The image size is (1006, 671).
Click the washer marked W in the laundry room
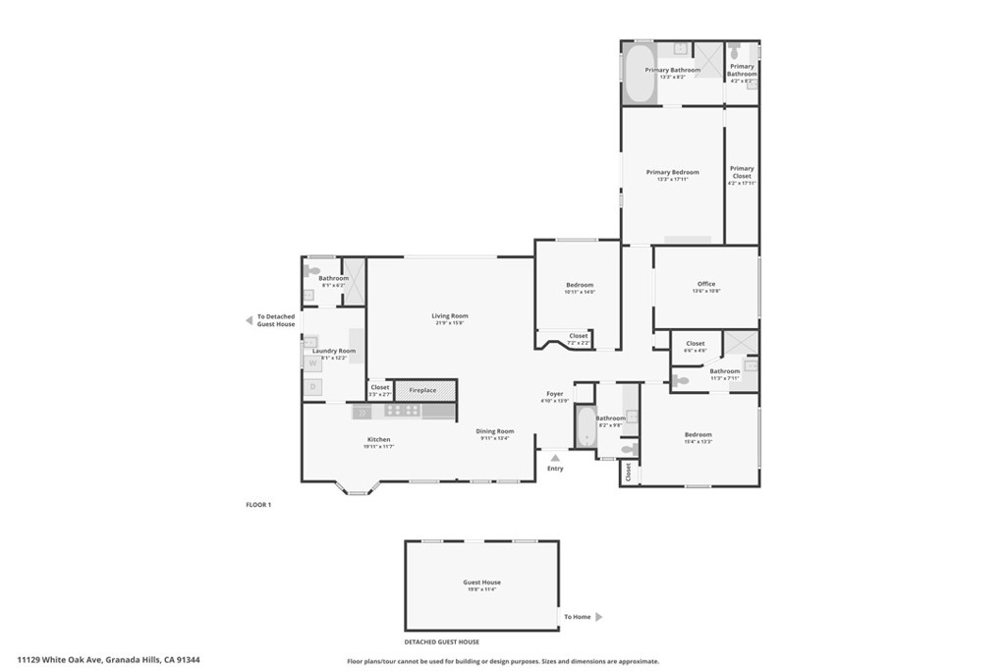(x=312, y=363)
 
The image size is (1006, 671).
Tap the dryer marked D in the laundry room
(x=312, y=387)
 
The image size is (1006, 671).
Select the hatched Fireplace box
(x=425, y=390)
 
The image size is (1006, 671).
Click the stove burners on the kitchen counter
(x=402, y=412)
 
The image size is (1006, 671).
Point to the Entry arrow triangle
(x=555, y=458)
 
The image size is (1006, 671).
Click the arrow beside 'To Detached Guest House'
(x=249, y=320)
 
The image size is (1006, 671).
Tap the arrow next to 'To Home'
(x=599, y=617)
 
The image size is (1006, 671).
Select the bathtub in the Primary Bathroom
(x=640, y=73)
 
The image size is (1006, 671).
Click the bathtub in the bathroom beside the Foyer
(x=586, y=427)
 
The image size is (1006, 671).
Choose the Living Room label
(x=450, y=316)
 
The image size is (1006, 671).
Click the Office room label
(x=705, y=284)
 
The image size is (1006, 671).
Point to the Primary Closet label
(x=742, y=172)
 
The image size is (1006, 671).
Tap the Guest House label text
(x=481, y=583)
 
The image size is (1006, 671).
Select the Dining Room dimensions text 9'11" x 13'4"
(x=496, y=438)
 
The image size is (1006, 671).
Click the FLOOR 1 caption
(x=257, y=504)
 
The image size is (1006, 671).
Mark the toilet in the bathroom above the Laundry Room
(x=312, y=270)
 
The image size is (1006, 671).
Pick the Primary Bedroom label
(x=672, y=172)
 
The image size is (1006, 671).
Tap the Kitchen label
(x=378, y=439)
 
